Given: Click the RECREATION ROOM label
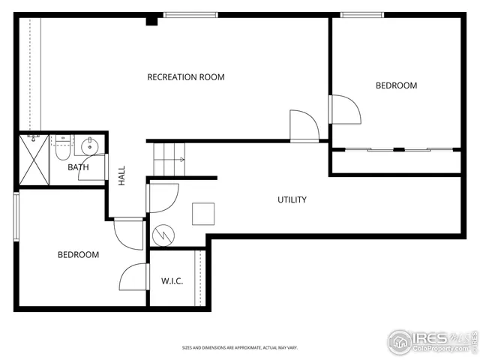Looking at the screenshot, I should tap(185, 77).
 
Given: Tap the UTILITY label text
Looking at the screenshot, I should tap(292, 199).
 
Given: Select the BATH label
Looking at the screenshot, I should tap(78, 167).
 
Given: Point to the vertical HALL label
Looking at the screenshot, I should tap(121, 176).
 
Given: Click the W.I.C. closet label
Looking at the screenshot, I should tap(172, 281).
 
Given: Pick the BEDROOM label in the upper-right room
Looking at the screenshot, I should tap(396, 85).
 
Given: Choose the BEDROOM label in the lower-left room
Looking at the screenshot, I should tap(78, 255).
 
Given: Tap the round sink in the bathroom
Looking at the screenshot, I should tap(88, 145).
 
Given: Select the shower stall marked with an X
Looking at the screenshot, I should tap(34, 159).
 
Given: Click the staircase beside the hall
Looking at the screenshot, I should tap(168, 158).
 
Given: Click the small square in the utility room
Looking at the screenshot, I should tap(203, 214).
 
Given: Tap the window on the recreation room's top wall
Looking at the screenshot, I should tap(191, 14).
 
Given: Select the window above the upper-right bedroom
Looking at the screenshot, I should tap(363, 14).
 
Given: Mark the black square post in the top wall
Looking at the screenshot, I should tap(151, 20).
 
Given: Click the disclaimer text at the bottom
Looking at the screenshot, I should tap(239, 348).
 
